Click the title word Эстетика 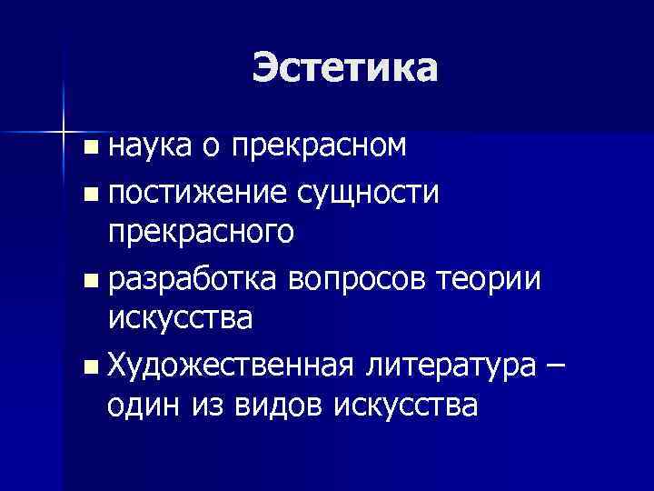[x=345, y=68]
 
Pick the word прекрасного [x=201, y=234]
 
